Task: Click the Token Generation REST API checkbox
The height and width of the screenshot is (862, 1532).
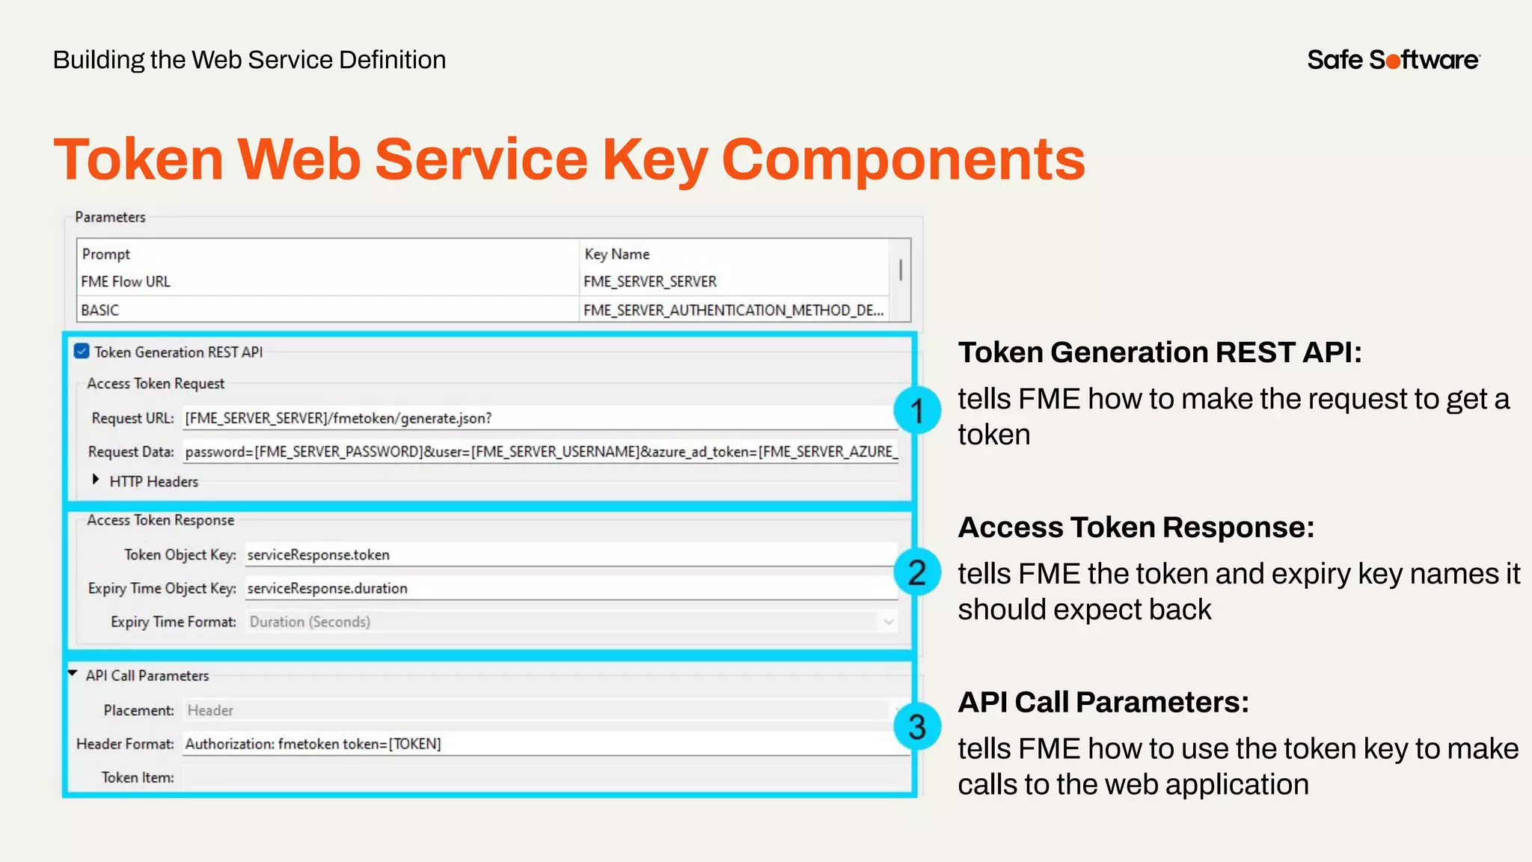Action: click(x=82, y=352)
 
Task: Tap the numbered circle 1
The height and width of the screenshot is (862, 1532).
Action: click(x=917, y=410)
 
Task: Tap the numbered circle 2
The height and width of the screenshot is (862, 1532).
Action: click(x=917, y=572)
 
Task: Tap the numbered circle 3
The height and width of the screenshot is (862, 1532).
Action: click(x=917, y=727)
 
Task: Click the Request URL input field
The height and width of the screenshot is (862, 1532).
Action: click(x=539, y=418)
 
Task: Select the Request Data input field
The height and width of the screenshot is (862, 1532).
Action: click(x=539, y=452)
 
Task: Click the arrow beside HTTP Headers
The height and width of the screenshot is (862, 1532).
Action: click(x=96, y=480)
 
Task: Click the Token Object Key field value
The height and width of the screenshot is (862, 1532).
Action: click(x=569, y=554)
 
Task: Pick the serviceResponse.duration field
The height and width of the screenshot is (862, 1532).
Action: click(x=569, y=588)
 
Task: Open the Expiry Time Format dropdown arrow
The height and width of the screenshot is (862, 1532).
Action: click(x=888, y=622)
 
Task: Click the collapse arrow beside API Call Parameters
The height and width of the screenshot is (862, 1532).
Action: click(x=73, y=673)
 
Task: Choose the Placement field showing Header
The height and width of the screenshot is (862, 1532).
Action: click(x=535, y=710)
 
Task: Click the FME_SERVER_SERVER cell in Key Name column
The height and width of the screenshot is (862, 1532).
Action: click(x=649, y=282)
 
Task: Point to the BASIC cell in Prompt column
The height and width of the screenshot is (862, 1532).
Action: click(x=100, y=310)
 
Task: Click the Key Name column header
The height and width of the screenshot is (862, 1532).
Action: click(x=617, y=254)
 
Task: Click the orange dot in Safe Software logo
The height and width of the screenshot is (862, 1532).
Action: click(x=1393, y=61)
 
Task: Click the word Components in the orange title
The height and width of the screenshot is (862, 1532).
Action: click(x=903, y=159)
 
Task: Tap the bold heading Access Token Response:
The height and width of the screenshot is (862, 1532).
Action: click(x=1136, y=528)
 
